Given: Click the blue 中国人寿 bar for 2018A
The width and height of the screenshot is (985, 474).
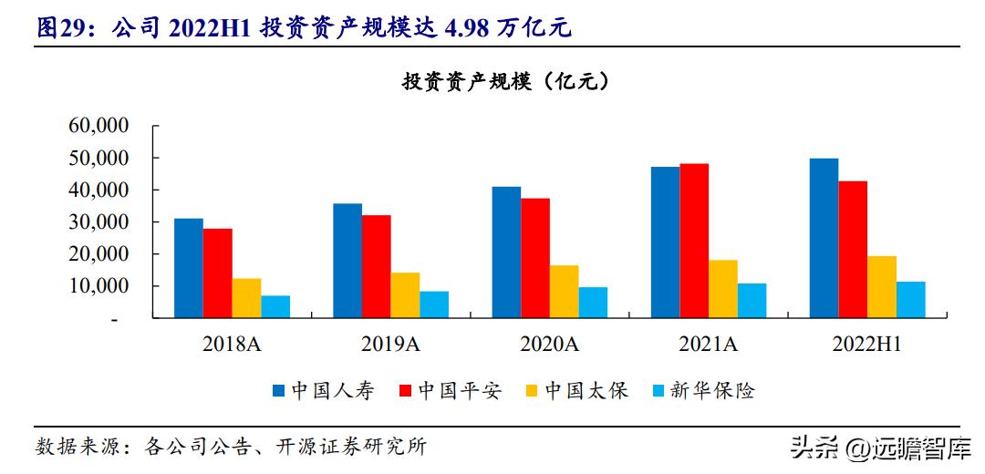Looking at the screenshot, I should [188, 268].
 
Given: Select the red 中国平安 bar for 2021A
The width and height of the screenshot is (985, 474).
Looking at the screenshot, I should [694, 241].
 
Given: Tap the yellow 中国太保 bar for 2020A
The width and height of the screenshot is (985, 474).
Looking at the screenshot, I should [564, 292].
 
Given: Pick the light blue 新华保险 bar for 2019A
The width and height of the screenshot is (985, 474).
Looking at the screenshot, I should [434, 304].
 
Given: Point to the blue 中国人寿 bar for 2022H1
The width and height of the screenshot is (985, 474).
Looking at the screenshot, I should [824, 238].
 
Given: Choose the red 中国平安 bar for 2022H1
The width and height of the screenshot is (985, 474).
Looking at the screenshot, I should [853, 250].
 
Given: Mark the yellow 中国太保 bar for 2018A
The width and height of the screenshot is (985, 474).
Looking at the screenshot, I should [246, 298].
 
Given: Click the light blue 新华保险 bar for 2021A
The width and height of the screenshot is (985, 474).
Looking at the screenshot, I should [752, 301].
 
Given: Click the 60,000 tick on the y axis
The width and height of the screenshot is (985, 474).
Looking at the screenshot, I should [99, 126].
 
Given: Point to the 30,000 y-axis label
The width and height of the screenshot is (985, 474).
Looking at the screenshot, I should [99, 222].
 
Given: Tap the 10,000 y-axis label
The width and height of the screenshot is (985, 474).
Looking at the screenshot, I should [99, 286].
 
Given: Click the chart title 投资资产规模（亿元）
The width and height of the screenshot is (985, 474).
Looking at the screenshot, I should [506, 82].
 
